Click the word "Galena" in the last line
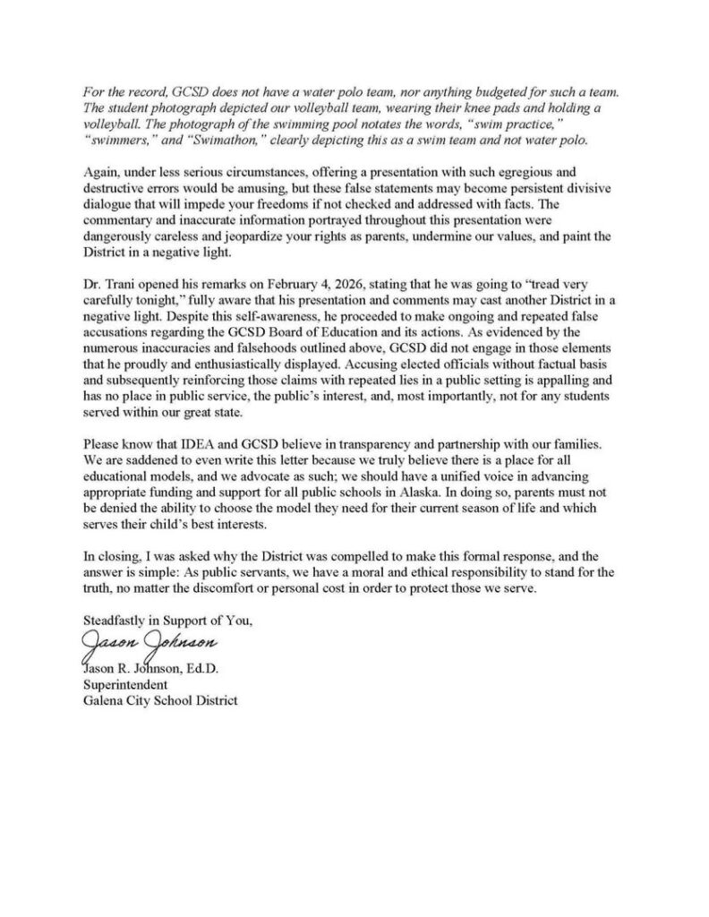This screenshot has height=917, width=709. click(103, 701)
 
